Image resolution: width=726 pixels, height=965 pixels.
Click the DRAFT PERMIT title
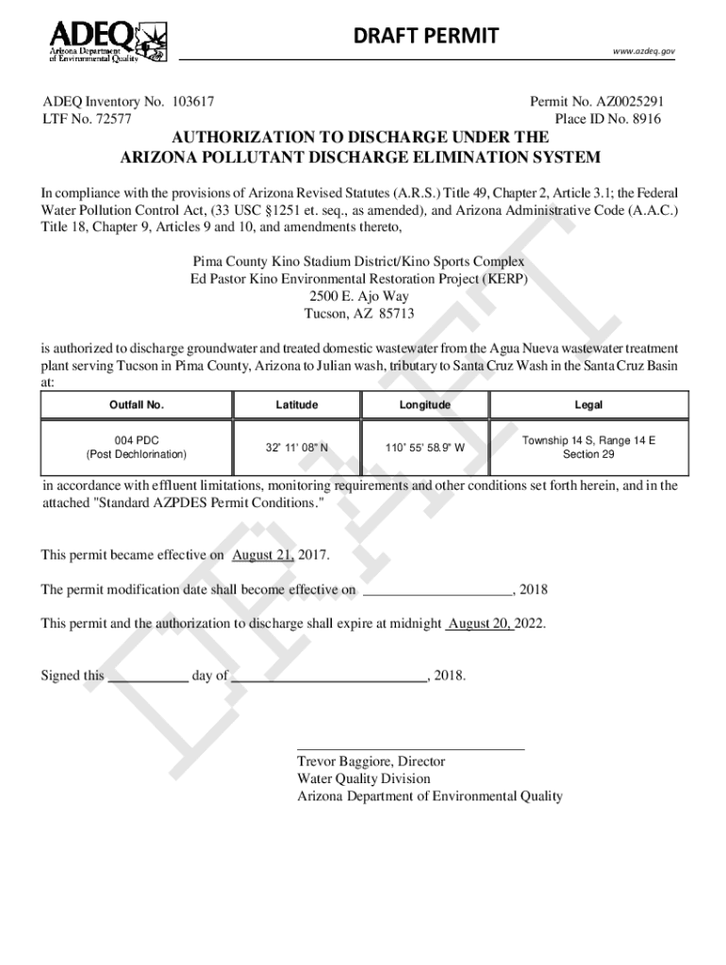(425, 36)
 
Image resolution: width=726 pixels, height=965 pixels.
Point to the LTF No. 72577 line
(87, 120)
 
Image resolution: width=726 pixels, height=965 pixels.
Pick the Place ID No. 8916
(608, 120)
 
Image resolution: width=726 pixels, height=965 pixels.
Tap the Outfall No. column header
(137, 405)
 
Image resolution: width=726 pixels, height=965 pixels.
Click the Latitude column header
(297, 405)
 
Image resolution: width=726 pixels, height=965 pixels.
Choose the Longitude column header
(424, 405)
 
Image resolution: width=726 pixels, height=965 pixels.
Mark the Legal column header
(588, 405)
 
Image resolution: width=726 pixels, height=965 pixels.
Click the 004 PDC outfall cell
(137, 447)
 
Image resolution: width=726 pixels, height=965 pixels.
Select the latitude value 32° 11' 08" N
(297, 448)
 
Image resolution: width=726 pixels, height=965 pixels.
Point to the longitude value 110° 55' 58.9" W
(424, 448)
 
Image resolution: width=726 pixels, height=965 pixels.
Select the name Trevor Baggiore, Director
(371, 761)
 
